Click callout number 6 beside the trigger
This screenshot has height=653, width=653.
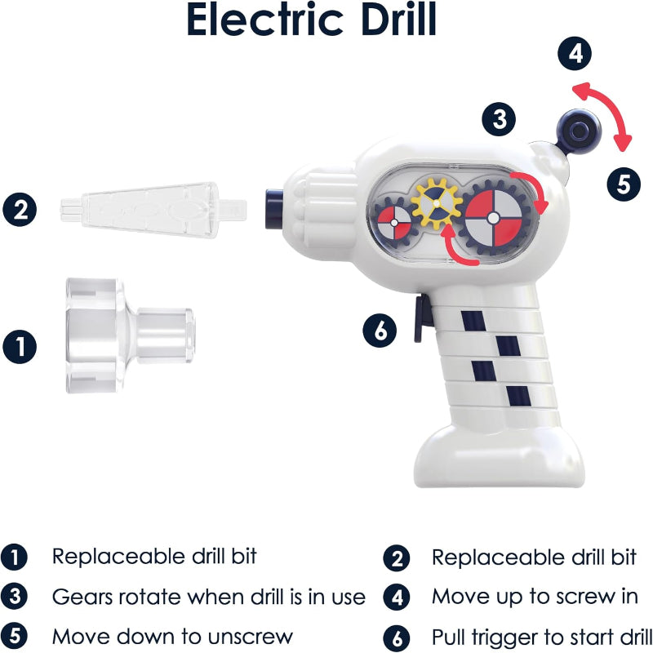tap(380, 330)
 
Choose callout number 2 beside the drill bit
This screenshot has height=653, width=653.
tap(20, 209)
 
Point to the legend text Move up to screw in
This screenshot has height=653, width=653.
tap(535, 596)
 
